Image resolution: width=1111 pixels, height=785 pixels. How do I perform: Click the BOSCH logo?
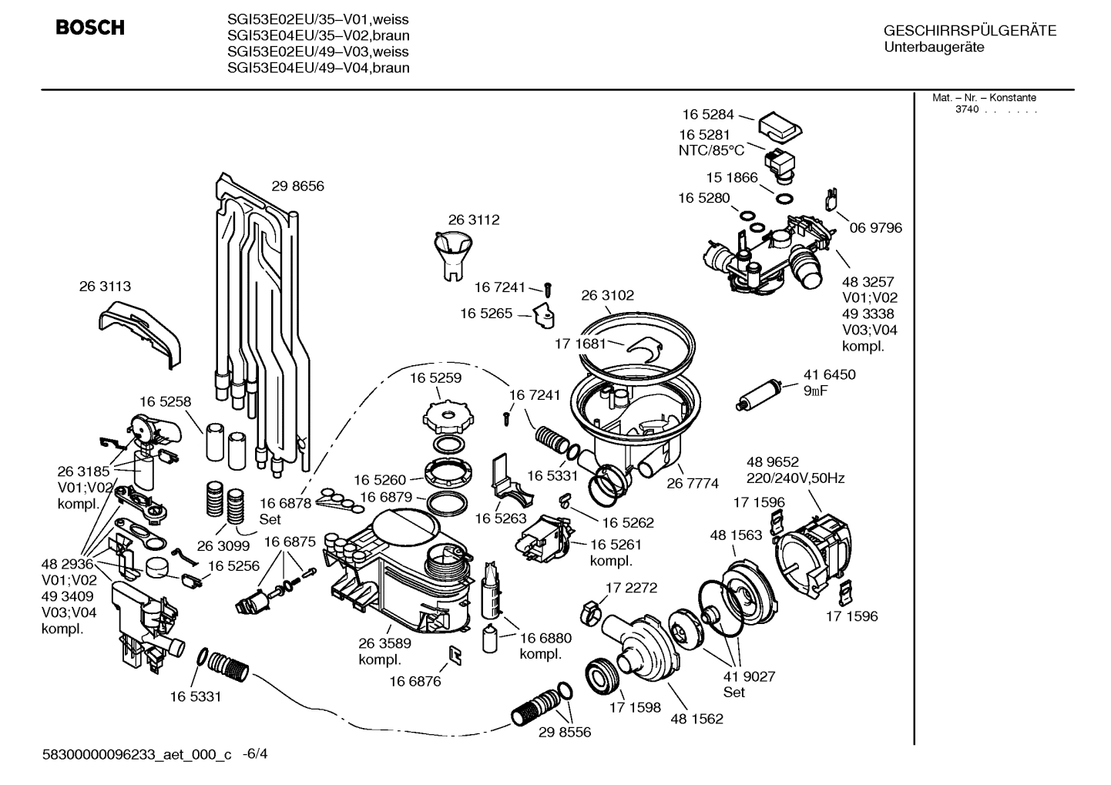(x=90, y=29)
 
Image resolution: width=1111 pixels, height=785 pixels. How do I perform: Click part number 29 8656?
(x=297, y=186)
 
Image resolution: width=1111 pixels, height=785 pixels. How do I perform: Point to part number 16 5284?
(x=707, y=115)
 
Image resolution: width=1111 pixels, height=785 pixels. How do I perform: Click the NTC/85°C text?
(x=711, y=150)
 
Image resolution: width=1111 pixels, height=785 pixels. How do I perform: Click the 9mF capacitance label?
(x=816, y=391)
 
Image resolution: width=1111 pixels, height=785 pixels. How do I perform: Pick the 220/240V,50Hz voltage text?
(x=795, y=478)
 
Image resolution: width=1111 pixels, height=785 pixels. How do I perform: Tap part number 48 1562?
(x=696, y=719)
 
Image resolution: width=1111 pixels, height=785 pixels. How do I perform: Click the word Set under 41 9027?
(x=734, y=693)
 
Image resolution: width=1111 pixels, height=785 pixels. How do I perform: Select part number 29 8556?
(x=565, y=733)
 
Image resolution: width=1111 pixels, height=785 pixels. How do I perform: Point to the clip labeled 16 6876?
(x=455, y=655)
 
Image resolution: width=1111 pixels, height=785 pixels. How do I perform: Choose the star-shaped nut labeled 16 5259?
(x=446, y=417)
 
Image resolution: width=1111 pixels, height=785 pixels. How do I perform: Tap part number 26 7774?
(x=692, y=483)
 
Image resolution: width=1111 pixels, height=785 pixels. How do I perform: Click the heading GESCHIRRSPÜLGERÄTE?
(x=969, y=31)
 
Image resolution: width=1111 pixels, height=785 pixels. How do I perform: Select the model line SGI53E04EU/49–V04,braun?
(x=318, y=68)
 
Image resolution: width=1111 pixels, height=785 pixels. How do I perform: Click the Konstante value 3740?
(x=966, y=109)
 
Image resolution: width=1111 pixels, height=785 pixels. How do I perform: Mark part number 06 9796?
(x=875, y=228)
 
